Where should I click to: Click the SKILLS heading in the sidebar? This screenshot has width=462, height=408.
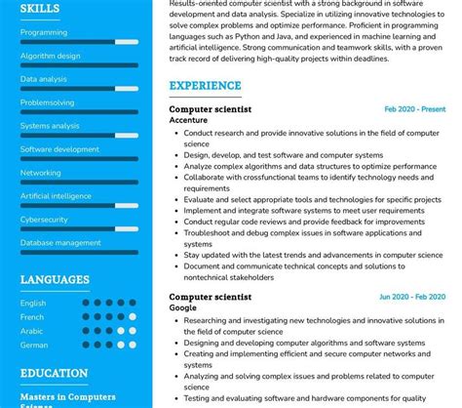[x=40, y=9]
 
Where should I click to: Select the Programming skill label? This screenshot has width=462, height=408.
[x=44, y=31]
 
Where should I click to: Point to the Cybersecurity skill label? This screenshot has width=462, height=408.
[x=45, y=220]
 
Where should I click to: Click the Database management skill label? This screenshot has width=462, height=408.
[x=60, y=243]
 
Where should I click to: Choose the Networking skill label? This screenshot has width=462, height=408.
[x=41, y=173]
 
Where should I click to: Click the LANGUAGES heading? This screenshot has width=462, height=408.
[x=55, y=280]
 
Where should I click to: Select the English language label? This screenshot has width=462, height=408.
[x=33, y=304]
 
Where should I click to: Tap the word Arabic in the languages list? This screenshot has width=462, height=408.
[x=32, y=331]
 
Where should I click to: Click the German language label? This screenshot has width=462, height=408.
[x=34, y=345]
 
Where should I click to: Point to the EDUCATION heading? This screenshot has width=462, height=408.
[x=54, y=373]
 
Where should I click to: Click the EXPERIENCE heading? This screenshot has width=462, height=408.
[x=205, y=86]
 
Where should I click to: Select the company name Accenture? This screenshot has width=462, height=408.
[x=190, y=121]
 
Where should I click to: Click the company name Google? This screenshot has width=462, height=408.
[x=182, y=307]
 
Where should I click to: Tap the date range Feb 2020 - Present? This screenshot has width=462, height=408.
[x=414, y=109]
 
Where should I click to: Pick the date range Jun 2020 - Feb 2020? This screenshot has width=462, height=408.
[x=411, y=297]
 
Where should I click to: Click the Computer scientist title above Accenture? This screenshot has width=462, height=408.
[x=210, y=109]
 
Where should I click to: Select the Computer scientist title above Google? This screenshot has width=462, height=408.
[x=210, y=297]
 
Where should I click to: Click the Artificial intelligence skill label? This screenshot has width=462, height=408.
[x=58, y=196]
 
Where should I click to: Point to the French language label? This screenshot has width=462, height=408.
[x=32, y=317]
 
